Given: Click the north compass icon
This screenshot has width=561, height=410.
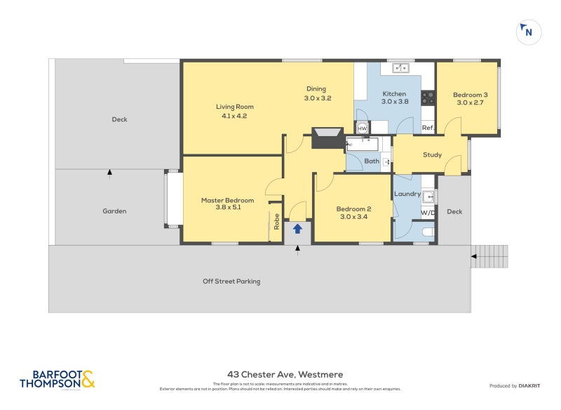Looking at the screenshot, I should [528, 32].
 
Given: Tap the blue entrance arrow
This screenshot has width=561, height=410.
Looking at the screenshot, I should [297, 228].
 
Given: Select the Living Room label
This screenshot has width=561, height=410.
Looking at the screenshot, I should [232, 107].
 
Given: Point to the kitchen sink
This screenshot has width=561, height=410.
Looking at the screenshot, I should [400, 68].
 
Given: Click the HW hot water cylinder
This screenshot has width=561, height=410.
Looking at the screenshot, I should [363, 128].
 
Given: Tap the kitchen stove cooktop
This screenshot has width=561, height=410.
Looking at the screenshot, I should [427, 98].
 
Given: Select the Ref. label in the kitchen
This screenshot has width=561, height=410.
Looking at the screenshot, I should [427, 128].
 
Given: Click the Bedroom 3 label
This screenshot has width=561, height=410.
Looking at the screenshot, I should [470, 95].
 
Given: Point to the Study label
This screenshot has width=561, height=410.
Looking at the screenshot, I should [432, 154].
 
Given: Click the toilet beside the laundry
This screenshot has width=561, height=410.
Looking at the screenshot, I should [428, 232].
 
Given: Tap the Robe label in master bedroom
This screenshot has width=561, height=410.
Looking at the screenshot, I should [277, 222].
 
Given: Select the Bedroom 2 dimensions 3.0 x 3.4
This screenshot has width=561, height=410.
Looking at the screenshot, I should [353, 217].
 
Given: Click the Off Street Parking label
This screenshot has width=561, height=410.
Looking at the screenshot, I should [231, 282].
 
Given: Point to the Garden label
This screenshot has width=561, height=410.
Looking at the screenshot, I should [114, 211].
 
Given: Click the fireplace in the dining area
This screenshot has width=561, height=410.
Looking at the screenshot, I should [327, 138].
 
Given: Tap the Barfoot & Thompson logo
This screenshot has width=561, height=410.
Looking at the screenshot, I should [57, 379].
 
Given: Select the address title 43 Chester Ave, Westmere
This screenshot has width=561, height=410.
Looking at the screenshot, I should [285, 375].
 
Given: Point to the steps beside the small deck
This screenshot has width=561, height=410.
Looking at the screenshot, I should [492, 256].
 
